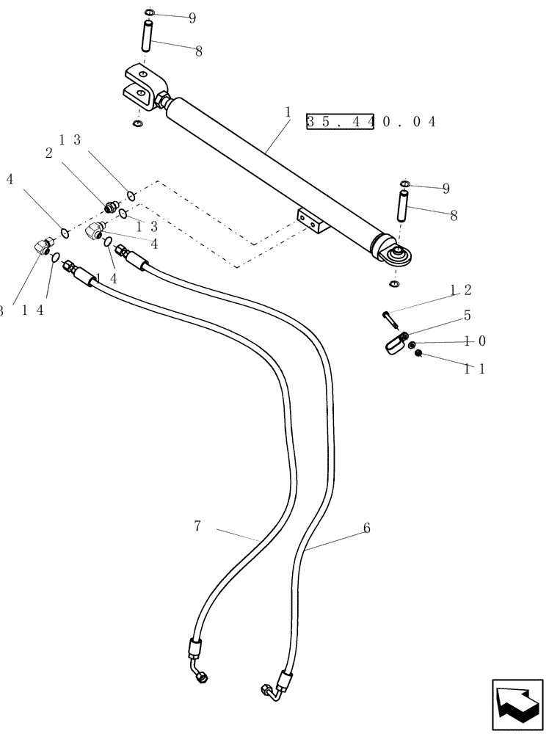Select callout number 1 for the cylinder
tap(289, 113)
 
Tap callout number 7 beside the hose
tap(197, 526)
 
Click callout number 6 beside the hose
tap(366, 528)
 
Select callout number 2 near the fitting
tap(48, 153)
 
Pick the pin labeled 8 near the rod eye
tap(401, 205)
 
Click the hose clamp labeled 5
tap(396, 342)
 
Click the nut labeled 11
tap(418, 355)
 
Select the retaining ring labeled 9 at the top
tap(149, 12)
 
